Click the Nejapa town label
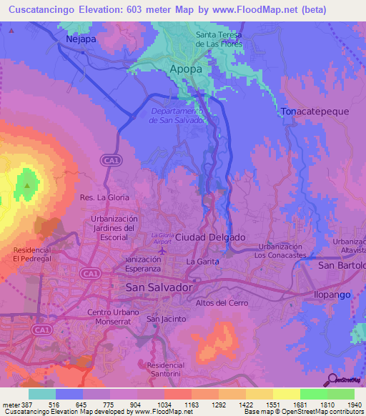80,39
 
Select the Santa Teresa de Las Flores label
219,39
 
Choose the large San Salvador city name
159,287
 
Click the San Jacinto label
167,318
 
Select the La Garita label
201,262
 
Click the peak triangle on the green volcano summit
27,186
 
